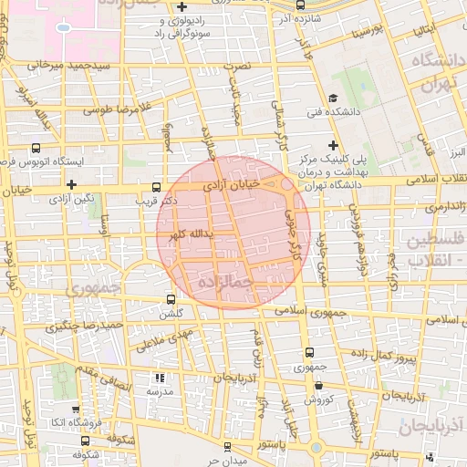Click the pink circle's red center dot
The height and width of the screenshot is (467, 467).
(x=233, y=232)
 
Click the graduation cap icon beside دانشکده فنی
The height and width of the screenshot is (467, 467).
(x=333, y=99)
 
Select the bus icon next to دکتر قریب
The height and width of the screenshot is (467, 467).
(x=159, y=182)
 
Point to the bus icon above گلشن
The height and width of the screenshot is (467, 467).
(x=171, y=299)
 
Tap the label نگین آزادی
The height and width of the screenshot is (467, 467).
(x=73, y=196)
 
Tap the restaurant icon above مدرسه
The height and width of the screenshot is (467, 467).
(x=161, y=376)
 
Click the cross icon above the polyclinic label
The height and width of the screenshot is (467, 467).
(x=334, y=145)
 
